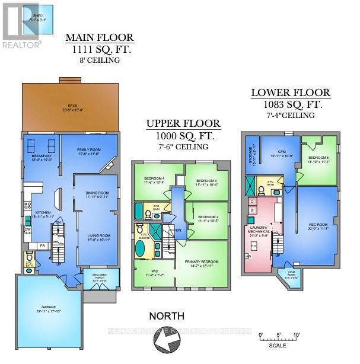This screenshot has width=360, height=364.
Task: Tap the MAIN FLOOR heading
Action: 100,39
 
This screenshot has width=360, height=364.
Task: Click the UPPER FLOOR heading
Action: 184,124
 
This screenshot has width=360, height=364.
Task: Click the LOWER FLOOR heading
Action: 291,92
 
